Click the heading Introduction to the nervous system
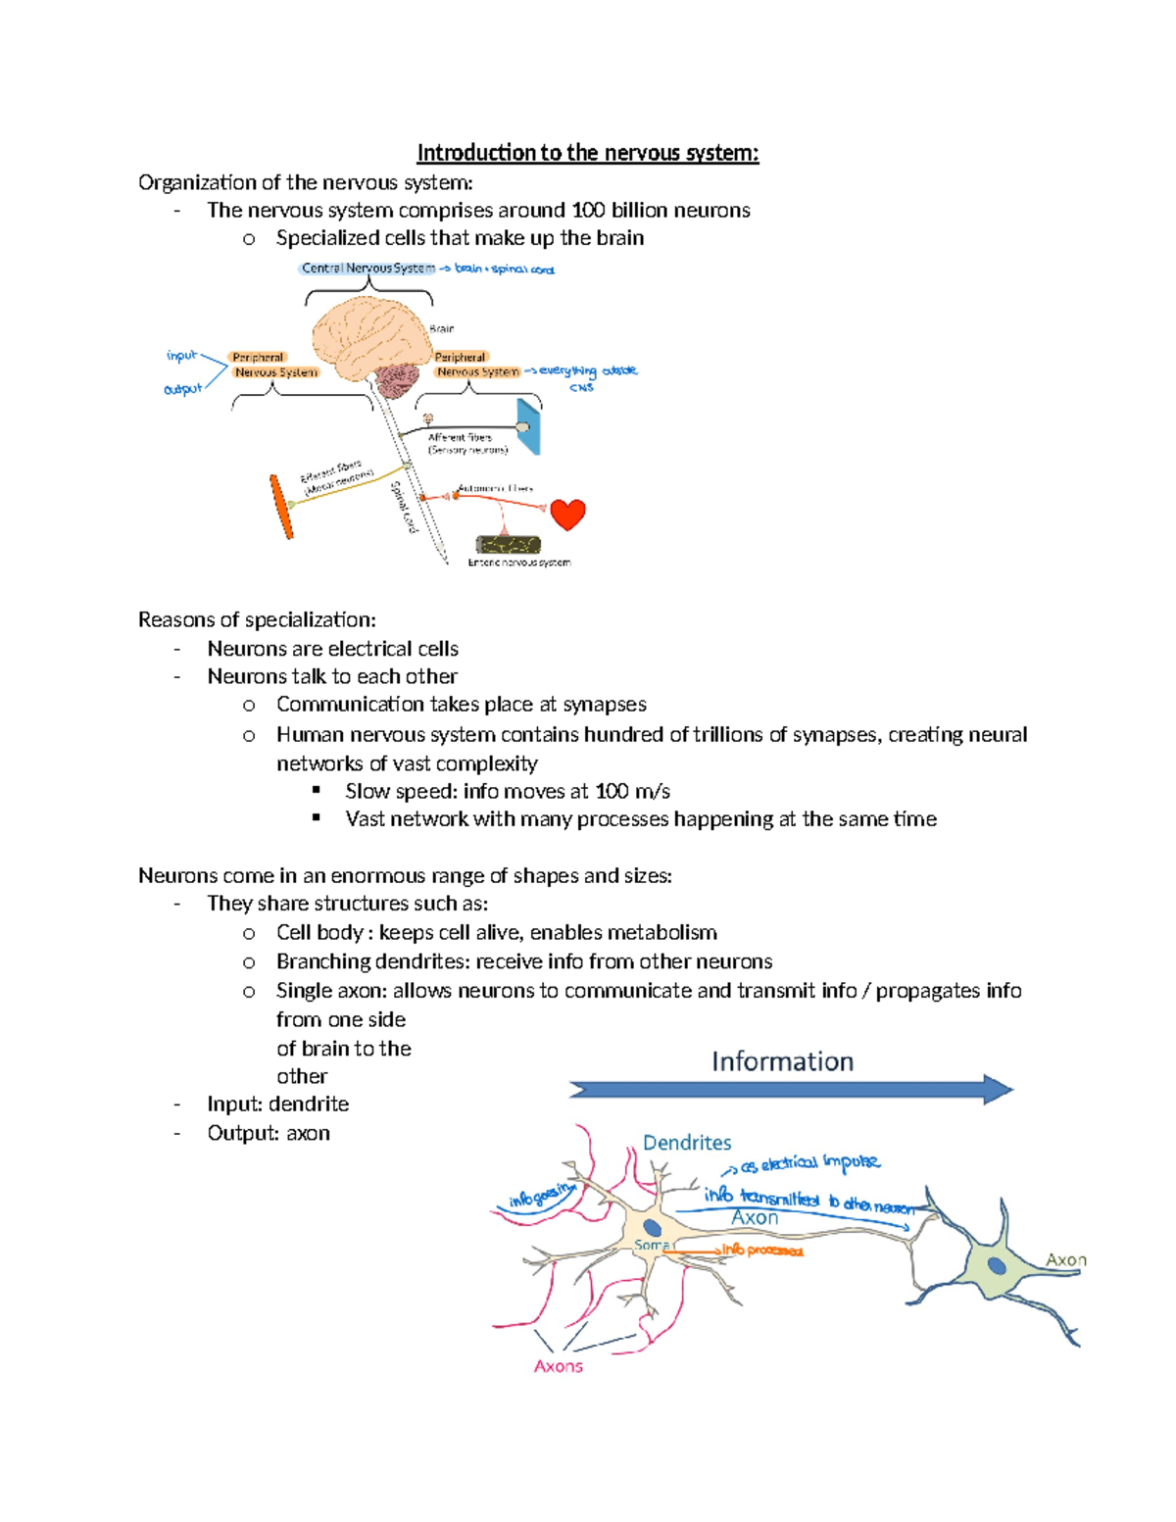pyautogui.click(x=587, y=153)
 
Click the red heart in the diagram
pyautogui.click(x=567, y=514)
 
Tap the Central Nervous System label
pyautogui.click(x=367, y=269)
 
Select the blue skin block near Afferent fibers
pyautogui.click(x=529, y=426)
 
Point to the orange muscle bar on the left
pyautogui.click(x=281, y=507)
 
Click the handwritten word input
pyautogui.click(x=181, y=356)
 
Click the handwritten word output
pyautogui.click(x=182, y=389)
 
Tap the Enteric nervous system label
pyautogui.click(x=518, y=563)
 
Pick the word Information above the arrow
pyautogui.click(x=782, y=1061)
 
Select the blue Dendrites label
pyautogui.click(x=687, y=1143)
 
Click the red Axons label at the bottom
pyautogui.click(x=558, y=1366)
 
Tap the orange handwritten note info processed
pyautogui.click(x=762, y=1251)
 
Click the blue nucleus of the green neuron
pyautogui.click(x=997, y=1265)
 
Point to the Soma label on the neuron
pyautogui.click(x=652, y=1245)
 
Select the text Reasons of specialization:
pyautogui.click(x=257, y=619)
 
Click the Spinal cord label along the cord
pyautogui.click(x=404, y=507)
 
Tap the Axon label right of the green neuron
pyautogui.click(x=1065, y=1260)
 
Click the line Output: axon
pyautogui.click(x=268, y=1133)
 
